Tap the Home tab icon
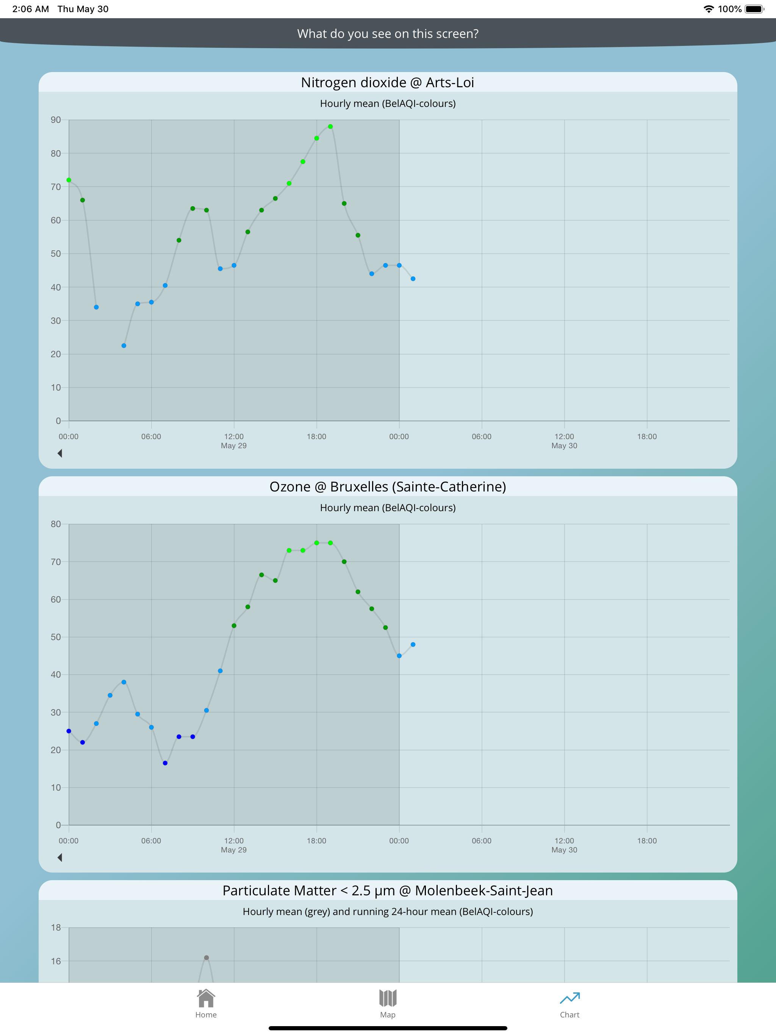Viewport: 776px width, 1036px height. click(x=206, y=998)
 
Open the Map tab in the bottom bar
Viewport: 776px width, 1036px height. click(x=388, y=998)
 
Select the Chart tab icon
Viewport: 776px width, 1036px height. click(x=569, y=998)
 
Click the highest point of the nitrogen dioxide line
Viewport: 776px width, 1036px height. click(x=330, y=126)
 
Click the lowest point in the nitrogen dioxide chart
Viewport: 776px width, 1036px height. click(x=124, y=345)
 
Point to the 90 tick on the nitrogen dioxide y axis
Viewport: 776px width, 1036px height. click(x=56, y=120)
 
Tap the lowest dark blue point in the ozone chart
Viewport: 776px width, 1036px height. click(x=165, y=763)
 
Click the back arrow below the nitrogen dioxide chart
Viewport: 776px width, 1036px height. click(x=60, y=453)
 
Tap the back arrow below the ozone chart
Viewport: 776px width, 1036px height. click(x=60, y=857)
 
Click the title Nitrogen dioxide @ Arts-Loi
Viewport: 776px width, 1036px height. click(x=388, y=82)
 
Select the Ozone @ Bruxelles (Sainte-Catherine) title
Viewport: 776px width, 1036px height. click(x=388, y=487)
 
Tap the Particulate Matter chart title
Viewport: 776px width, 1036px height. click(x=388, y=890)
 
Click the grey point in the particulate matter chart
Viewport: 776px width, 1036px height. click(x=207, y=958)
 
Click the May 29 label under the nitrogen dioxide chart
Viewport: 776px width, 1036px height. click(x=233, y=446)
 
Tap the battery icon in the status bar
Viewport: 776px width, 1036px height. click(x=754, y=9)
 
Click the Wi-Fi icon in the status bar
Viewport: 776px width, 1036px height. click(x=709, y=9)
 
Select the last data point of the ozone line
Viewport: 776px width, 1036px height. click(x=413, y=644)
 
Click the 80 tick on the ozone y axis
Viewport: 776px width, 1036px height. click(x=56, y=524)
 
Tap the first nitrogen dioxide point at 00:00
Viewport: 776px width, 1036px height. click(x=69, y=180)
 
